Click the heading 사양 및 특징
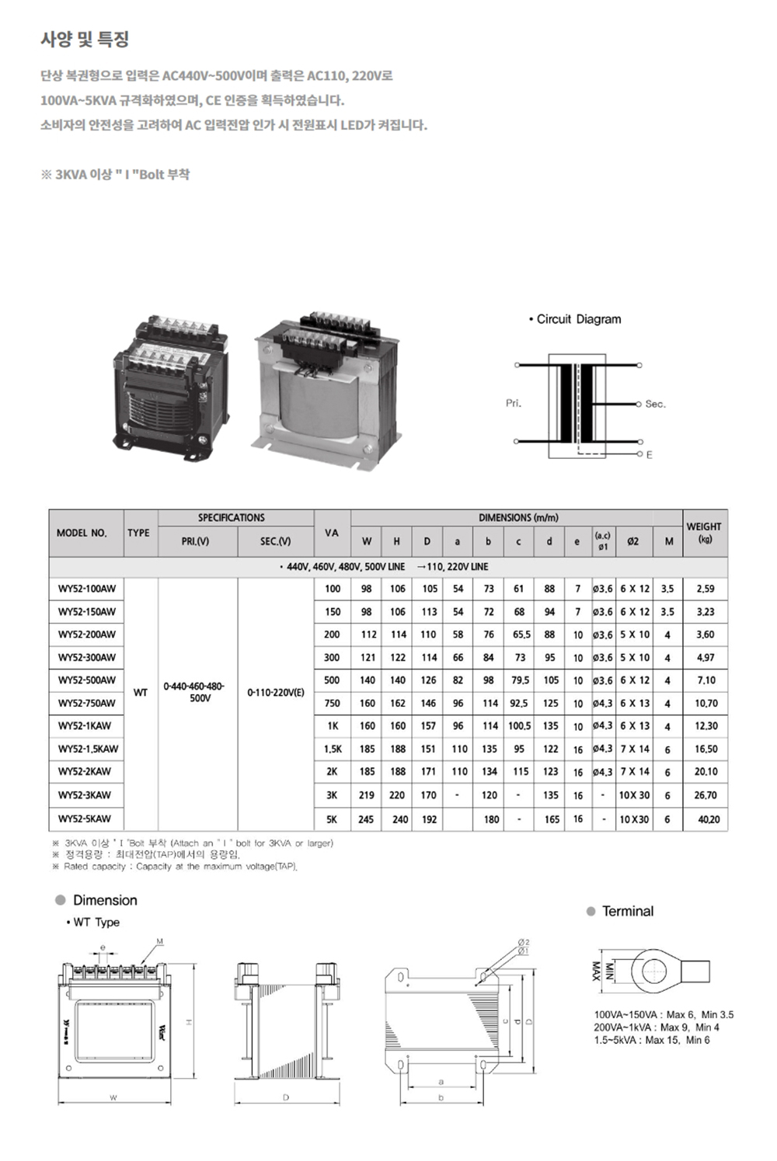point(85,39)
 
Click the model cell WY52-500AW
point(86,680)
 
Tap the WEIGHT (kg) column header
point(704,532)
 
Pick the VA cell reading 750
point(332,703)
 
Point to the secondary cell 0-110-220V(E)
point(275,692)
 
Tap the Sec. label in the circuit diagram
point(655,404)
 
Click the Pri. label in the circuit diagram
point(514,404)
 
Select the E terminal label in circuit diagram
point(650,454)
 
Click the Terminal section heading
point(627,911)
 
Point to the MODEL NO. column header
point(82,533)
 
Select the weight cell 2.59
point(705,589)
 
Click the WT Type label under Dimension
point(96,923)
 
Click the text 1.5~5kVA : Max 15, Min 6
point(652,1040)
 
